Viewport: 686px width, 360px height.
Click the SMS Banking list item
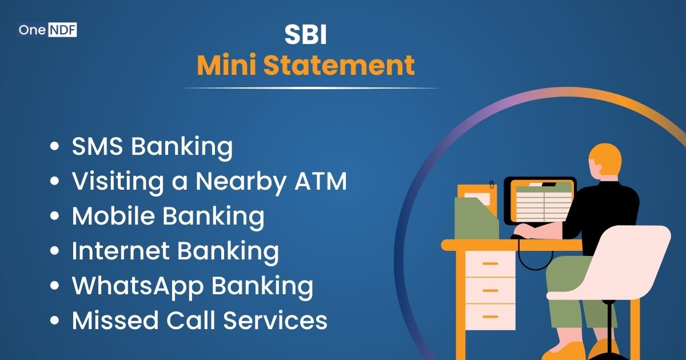(152, 147)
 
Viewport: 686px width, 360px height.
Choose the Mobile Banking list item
(168, 216)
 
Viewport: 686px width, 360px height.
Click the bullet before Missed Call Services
(55, 321)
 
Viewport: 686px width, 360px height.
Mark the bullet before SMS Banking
(55, 147)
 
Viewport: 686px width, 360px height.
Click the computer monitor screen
(540, 199)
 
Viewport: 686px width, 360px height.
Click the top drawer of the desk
(490, 263)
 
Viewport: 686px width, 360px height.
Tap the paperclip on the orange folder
(492, 186)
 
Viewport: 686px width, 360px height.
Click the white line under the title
(311, 88)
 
